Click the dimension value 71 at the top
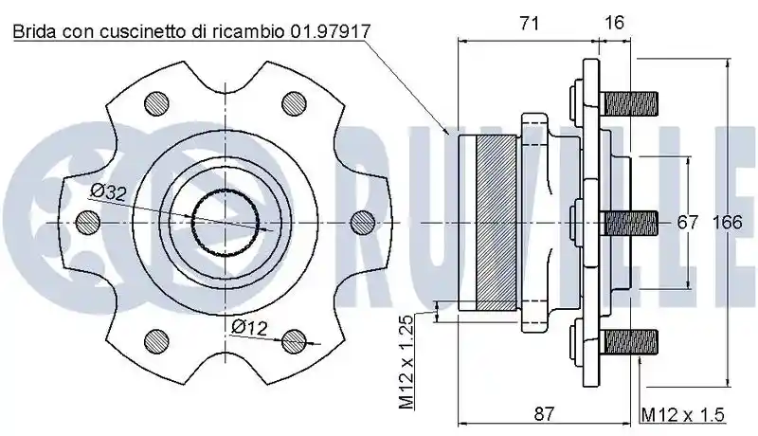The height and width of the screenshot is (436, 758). pyautogui.click(x=530, y=23)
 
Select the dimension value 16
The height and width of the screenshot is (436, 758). pyautogui.click(x=614, y=22)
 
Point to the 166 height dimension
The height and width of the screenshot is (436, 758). pyautogui.click(x=728, y=223)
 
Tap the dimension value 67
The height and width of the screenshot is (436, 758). pyautogui.click(x=688, y=223)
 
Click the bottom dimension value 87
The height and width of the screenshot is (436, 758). pyautogui.click(x=544, y=414)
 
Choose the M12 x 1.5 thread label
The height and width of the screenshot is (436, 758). pyautogui.click(x=682, y=415)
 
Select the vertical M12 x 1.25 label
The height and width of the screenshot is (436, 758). pyautogui.click(x=406, y=362)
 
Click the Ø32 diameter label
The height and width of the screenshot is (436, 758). pyautogui.click(x=108, y=191)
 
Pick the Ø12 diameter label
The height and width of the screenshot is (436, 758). pyautogui.click(x=249, y=327)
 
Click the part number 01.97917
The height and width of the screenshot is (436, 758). pyautogui.click(x=331, y=32)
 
